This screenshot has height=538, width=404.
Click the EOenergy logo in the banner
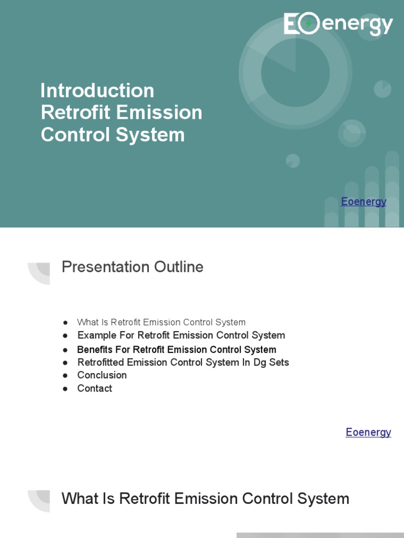pyautogui.click(x=338, y=25)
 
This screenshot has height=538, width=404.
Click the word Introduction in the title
pyautogui.click(x=97, y=90)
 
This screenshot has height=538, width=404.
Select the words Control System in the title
pyautogui.click(x=113, y=134)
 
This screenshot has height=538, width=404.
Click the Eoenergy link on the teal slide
pyautogui.click(x=363, y=201)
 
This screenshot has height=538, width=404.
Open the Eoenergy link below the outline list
pyautogui.click(x=368, y=432)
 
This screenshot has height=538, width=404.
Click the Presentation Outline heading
pyautogui.click(x=133, y=267)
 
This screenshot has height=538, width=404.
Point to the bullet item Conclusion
pyautogui.click(x=102, y=375)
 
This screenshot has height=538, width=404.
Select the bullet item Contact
pyautogui.click(x=95, y=388)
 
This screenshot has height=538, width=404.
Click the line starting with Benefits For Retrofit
pyautogui.click(x=177, y=349)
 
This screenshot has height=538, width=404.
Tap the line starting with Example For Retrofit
pyautogui.click(x=181, y=335)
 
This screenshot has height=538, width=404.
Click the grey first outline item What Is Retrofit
pyautogui.click(x=161, y=322)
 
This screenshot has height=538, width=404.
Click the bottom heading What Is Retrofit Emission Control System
pyautogui.click(x=205, y=499)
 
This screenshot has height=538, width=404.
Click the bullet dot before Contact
pyautogui.click(x=65, y=389)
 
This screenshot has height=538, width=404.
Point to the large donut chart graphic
pyautogui.click(x=295, y=73)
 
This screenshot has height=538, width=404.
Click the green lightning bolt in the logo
pyautogui.click(x=309, y=24)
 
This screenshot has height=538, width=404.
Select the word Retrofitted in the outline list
pyautogui.click(x=102, y=362)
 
